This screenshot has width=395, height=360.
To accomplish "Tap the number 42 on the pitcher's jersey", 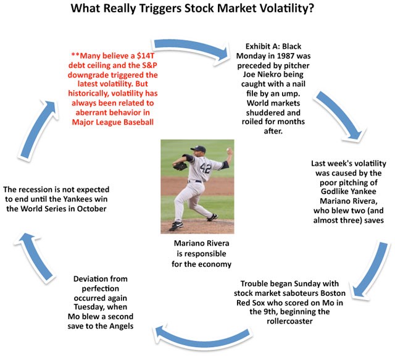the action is (206, 167).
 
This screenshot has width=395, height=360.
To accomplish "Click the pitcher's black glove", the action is (180, 166).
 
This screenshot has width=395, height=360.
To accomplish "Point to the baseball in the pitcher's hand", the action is (228, 150).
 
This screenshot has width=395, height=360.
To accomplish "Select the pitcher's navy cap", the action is (198, 148).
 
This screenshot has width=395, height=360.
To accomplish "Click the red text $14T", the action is (146, 56).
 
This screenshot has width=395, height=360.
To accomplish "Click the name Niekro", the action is (289, 75).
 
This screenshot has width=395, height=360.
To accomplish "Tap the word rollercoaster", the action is (289, 321).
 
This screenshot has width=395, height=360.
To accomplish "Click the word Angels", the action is (122, 326).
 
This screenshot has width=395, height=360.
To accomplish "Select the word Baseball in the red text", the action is (138, 122).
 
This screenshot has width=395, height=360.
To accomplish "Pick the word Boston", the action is (333, 293).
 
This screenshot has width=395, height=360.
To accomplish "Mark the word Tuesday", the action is (88, 307).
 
